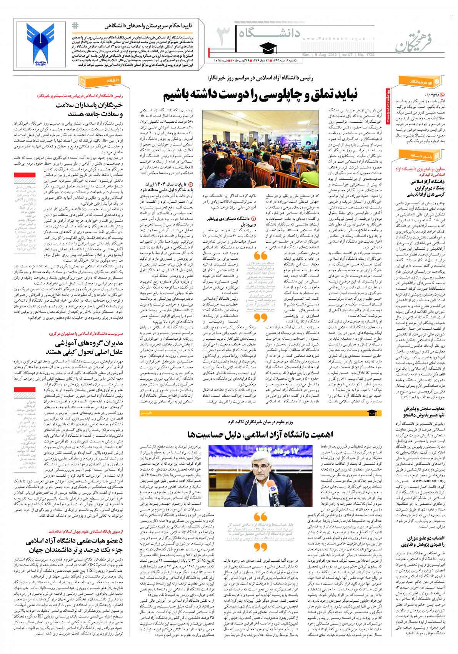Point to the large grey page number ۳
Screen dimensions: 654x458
pyautogui.click(x=221, y=39)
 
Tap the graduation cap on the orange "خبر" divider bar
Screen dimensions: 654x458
pyautogui.click(x=371, y=412)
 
